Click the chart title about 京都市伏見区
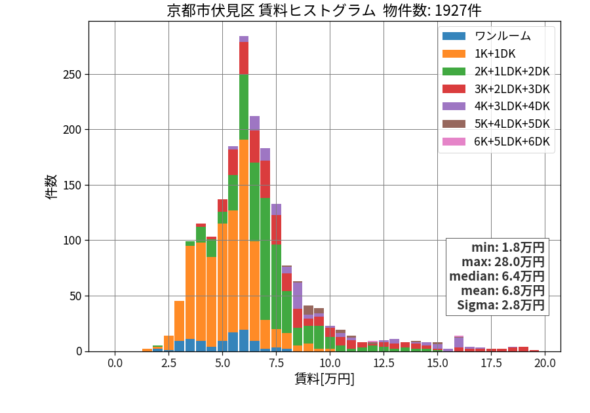[324, 10]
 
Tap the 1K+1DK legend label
[495, 54]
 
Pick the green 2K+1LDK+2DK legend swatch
[454, 71]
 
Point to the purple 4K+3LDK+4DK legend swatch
[454, 106]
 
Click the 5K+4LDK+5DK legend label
[512, 124]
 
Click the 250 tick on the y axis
[72, 75]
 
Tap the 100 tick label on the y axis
[72, 241]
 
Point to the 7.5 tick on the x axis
[276, 363]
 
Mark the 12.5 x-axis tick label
[383, 363]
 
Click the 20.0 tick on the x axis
[545, 363]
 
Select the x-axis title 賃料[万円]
[324, 379]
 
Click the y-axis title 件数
[51, 186]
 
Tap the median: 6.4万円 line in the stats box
[497, 277]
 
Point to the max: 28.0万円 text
[503, 262]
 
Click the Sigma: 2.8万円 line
[501, 305]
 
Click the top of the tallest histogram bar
[244, 37]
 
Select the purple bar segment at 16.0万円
[459, 342]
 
